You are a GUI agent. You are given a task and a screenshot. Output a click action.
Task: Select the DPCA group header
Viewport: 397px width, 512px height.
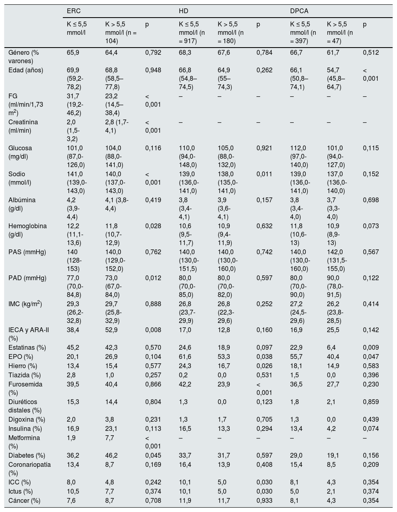[x=299, y=10]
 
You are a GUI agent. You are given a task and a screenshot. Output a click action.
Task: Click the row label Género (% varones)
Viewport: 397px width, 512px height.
[x=24, y=57]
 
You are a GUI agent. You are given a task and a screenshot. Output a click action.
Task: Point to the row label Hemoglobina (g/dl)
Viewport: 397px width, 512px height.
[x=27, y=230]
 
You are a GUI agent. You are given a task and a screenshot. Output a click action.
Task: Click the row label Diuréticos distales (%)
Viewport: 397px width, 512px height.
[x=25, y=406]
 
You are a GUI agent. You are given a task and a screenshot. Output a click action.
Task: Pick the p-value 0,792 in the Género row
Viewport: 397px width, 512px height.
[x=153, y=52]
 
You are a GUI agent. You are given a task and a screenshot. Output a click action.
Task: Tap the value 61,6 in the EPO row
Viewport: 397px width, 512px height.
[x=185, y=357]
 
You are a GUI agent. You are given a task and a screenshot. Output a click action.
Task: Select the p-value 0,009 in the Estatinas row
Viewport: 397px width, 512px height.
[x=371, y=347]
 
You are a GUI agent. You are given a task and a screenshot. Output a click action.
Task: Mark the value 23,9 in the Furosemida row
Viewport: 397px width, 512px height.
[x=224, y=384]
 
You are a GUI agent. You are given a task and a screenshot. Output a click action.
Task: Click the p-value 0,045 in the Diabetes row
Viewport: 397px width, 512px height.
[x=153, y=455]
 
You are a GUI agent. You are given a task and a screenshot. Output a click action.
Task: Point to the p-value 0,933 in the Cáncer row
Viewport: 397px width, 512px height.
[x=264, y=500]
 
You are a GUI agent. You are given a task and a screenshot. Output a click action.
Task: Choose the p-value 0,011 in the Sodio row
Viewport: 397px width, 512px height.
[x=264, y=174]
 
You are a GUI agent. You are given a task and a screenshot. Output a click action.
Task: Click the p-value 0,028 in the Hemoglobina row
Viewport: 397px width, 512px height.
[x=153, y=226]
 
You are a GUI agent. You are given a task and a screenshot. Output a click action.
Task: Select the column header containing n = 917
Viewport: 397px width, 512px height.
[x=191, y=32]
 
